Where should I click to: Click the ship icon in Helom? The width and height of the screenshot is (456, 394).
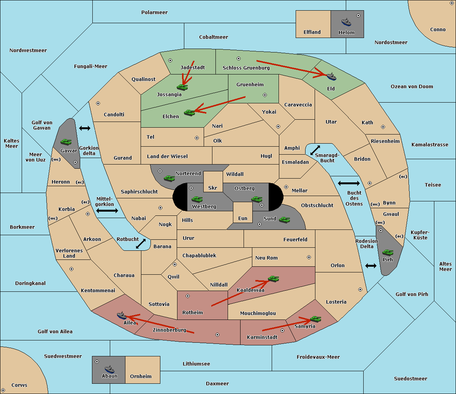coord(346,22)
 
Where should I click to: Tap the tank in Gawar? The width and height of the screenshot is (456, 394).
coord(66,142)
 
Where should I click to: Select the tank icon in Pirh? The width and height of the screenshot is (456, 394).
coord(388,253)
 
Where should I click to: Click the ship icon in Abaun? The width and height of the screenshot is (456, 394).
coord(109,369)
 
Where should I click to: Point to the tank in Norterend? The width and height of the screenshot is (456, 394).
coord(169,178)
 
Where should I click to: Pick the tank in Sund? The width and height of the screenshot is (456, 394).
coord(285,220)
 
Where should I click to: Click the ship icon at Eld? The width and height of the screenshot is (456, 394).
coord(331,77)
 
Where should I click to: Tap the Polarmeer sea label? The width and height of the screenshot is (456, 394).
coord(154,13)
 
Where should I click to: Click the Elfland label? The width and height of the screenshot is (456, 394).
coord(312,32)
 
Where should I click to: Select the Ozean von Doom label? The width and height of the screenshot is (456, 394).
coord(412,87)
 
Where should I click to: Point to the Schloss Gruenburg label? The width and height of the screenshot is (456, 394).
coord(246,68)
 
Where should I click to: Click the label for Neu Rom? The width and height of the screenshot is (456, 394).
coord(266,258)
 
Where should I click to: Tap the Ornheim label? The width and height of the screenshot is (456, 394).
coord(141,377)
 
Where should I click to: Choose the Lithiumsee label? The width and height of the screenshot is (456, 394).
coord(196,364)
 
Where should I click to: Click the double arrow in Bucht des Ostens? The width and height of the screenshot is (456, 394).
coord(348,184)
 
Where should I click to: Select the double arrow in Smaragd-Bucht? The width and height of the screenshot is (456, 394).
coord(315,150)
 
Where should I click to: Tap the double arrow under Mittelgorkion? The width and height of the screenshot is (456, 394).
coord(107,210)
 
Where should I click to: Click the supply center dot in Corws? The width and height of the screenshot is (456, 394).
coord(3,390)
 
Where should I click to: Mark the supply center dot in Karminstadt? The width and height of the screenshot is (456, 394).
coord(282,331)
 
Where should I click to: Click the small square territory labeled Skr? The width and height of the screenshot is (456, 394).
coord(213,182)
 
